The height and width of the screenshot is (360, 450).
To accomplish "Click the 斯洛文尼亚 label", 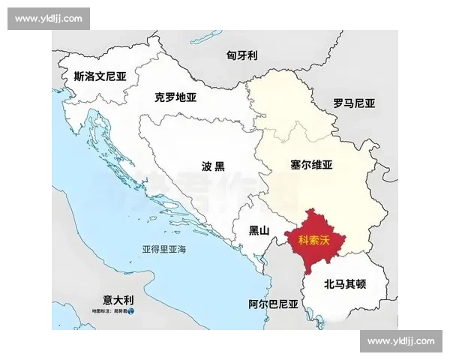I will pyautogui.click(x=100, y=76).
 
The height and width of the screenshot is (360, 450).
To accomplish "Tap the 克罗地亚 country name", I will pyautogui.click(x=175, y=97).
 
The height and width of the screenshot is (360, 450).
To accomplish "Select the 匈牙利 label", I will pyautogui.click(x=242, y=55).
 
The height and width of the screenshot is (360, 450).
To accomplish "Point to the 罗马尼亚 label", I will pyautogui.click(x=354, y=103).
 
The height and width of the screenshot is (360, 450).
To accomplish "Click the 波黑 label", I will pyautogui.click(x=213, y=166).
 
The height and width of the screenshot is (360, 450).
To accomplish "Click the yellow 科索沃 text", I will pyautogui.click(x=314, y=239).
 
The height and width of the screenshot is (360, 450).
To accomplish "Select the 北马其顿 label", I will pyautogui.click(x=345, y=284).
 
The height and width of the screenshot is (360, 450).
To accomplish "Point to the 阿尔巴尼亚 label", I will pyautogui.click(x=273, y=304).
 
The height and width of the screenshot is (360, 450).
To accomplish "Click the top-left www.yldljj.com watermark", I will pyautogui.click(x=48, y=19).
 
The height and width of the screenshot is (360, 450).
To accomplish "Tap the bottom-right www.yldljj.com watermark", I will pyautogui.click(x=401, y=341).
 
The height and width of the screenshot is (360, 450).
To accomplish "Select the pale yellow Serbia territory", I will pyautogui.click(x=330, y=195).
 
